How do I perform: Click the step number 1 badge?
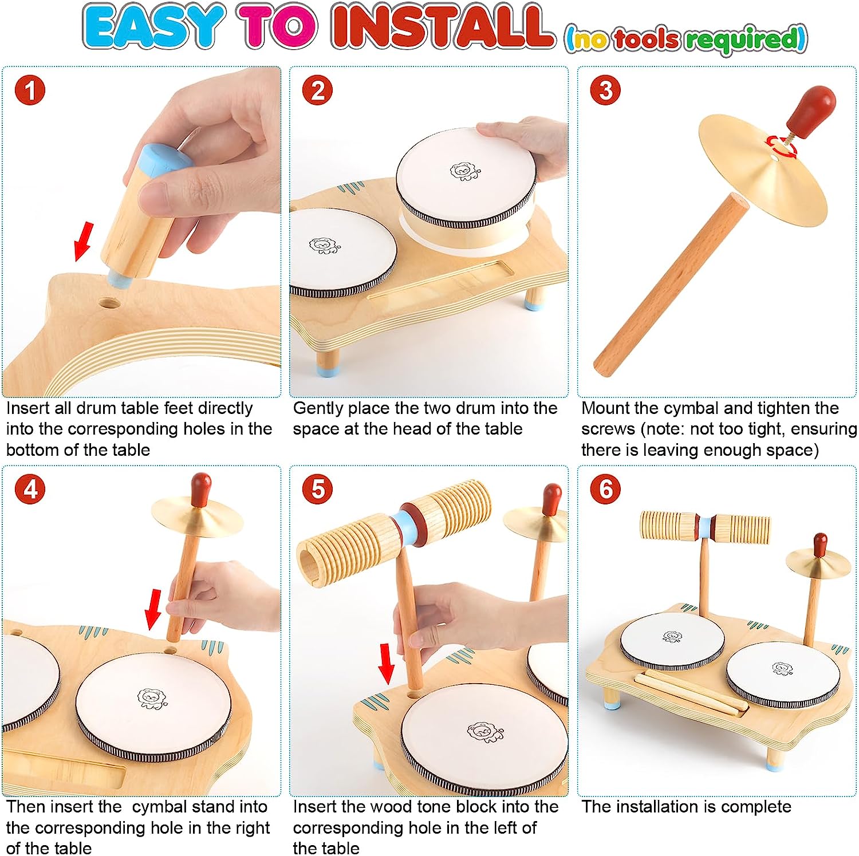pos(30,90)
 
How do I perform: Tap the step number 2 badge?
pos(318,90)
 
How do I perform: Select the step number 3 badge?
pos(606,90)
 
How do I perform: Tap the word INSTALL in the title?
pos(442,27)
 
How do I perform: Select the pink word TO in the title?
pos(279,27)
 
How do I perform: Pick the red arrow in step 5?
pos(387,663)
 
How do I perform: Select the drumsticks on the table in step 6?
pos(691,693)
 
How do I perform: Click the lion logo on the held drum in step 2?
pos(462,172)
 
